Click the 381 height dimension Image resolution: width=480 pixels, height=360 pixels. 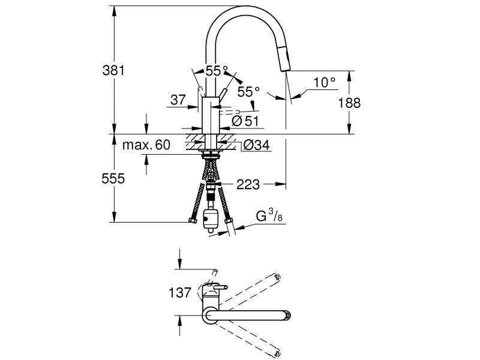[113, 70]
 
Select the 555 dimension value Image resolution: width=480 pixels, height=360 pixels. [113, 178]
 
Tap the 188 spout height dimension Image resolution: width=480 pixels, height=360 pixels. [349, 103]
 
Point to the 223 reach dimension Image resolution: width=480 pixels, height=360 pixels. [248, 185]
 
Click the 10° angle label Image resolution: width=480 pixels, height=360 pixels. [324, 83]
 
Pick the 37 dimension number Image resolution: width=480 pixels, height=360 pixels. [178, 100]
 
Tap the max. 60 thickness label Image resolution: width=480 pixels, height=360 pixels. [146, 145]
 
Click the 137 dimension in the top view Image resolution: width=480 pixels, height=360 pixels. [180, 293]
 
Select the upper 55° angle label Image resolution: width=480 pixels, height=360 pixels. [217, 71]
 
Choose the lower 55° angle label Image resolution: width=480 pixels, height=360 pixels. [248, 92]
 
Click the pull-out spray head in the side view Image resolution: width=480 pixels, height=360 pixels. [286, 60]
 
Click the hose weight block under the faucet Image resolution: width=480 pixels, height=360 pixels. [210, 220]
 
